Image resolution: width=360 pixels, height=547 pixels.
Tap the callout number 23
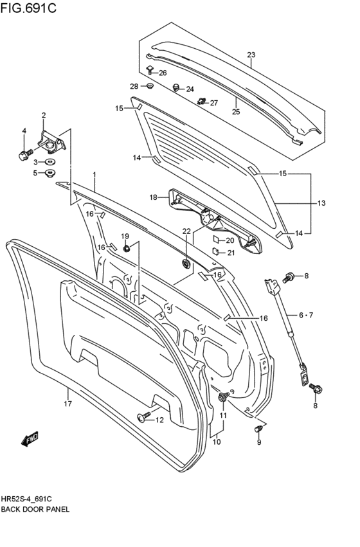pos(251,55)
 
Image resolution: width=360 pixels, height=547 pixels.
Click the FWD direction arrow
pos(30,439)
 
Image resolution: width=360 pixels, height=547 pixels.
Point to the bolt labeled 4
pos(24,154)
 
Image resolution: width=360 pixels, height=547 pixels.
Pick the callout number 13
pos(321,203)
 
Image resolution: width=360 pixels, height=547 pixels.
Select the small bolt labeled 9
pos(259,428)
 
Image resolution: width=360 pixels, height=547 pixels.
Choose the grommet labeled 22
pos(186,264)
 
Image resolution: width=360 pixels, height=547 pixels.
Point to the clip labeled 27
pos(202,101)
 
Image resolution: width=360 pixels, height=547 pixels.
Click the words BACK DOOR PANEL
pos(40,508)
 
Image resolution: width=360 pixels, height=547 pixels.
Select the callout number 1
pos(94,174)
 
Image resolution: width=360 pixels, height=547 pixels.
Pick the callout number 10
pos(216,442)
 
